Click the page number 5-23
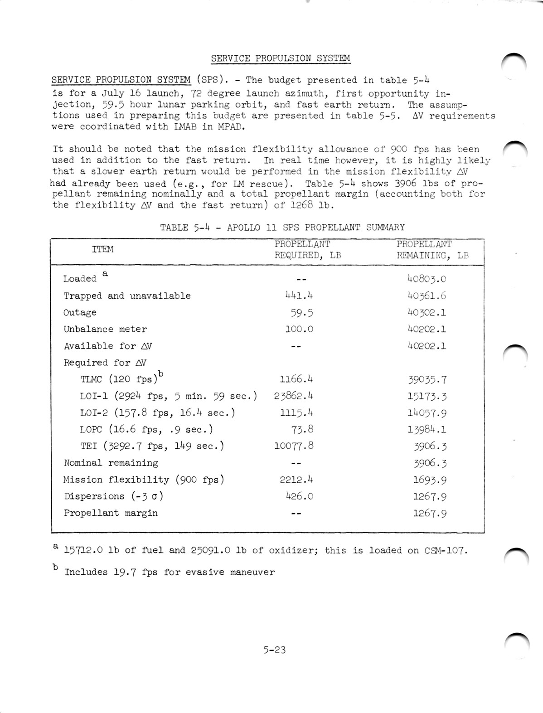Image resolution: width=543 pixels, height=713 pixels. (274, 650)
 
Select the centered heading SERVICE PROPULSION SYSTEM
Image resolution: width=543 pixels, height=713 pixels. (281, 58)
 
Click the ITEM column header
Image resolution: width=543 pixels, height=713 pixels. (103, 249)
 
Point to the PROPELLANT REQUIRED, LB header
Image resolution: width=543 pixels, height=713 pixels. (308, 250)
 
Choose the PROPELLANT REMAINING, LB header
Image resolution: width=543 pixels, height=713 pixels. (432, 250)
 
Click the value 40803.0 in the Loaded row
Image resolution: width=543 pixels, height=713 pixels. (427, 279)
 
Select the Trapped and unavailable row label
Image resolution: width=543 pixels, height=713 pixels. (127, 296)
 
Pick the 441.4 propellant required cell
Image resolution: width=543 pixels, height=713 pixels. (299, 296)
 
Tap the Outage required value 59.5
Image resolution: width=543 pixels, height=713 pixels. (301, 313)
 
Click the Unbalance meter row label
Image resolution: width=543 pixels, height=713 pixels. (105, 330)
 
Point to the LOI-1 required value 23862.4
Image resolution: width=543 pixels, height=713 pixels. (293, 396)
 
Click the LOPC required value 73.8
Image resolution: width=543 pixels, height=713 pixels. (302, 429)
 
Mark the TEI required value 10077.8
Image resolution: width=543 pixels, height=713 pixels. (294, 446)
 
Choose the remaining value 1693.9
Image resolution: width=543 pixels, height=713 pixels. (430, 480)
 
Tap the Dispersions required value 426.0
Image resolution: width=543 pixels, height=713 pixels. (299, 496)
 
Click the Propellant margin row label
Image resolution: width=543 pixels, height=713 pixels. (111, 513)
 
